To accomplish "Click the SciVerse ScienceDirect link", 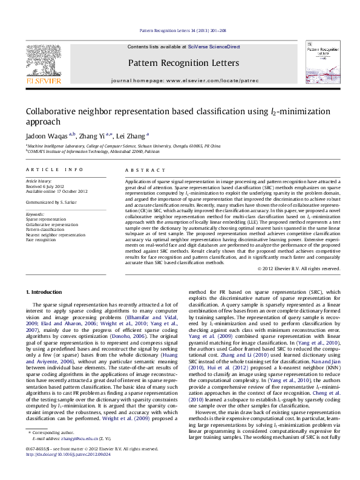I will (x=214, y=47).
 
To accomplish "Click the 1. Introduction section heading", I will (x=45, y=292).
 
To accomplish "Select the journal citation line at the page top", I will (x=179, y=30).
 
